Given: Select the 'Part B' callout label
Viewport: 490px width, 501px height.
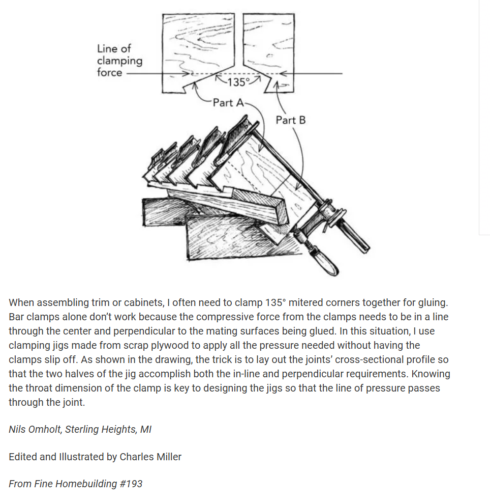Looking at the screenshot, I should pyautogui.click(x=290, y=120).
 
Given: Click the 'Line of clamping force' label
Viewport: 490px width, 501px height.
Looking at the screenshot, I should pyautogui.click(x=119, y=61).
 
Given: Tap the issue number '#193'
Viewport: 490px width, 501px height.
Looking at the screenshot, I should pyautogui.click(x=131, y=484).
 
